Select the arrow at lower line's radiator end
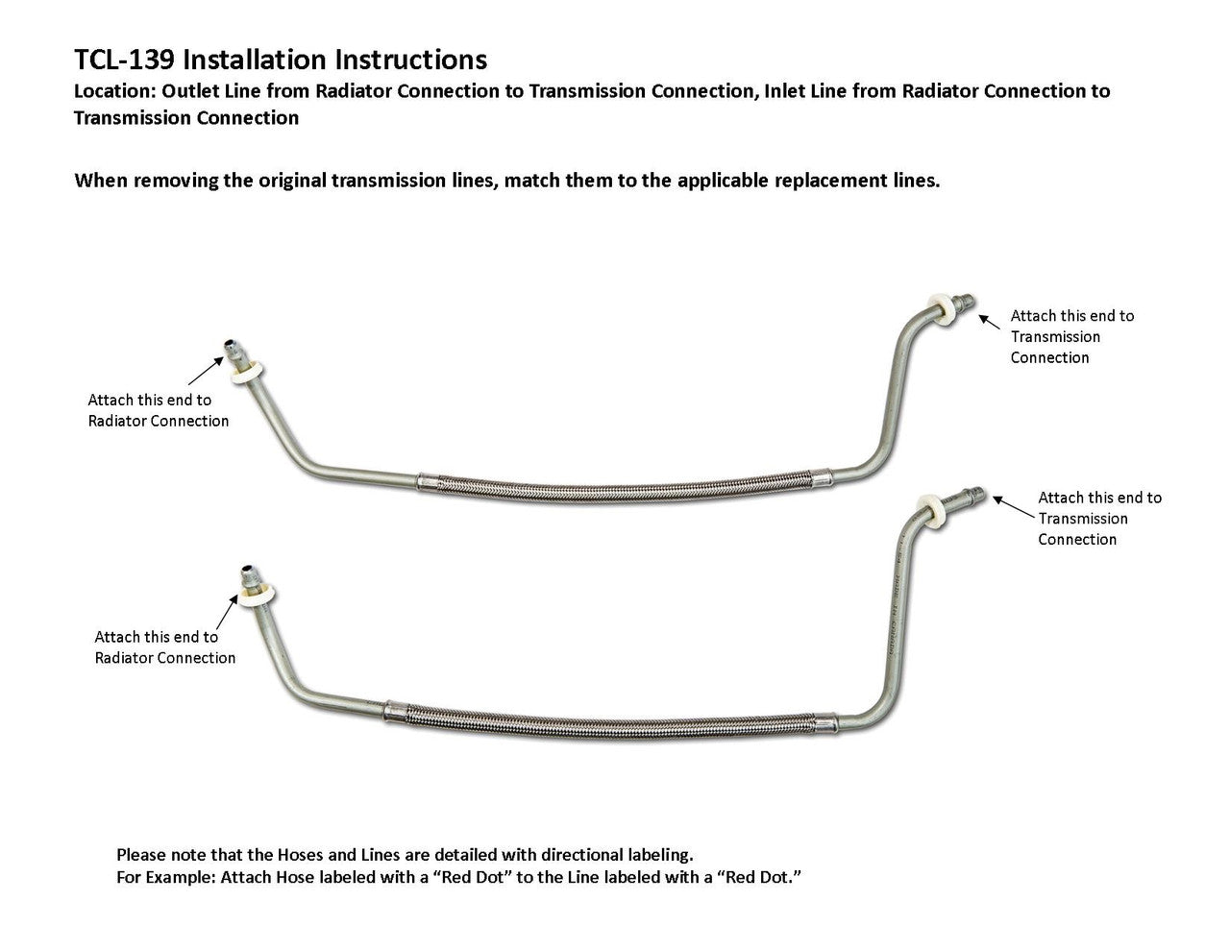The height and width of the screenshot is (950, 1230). pos(228,610)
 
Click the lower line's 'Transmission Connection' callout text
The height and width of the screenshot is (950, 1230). pos(1098,519)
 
